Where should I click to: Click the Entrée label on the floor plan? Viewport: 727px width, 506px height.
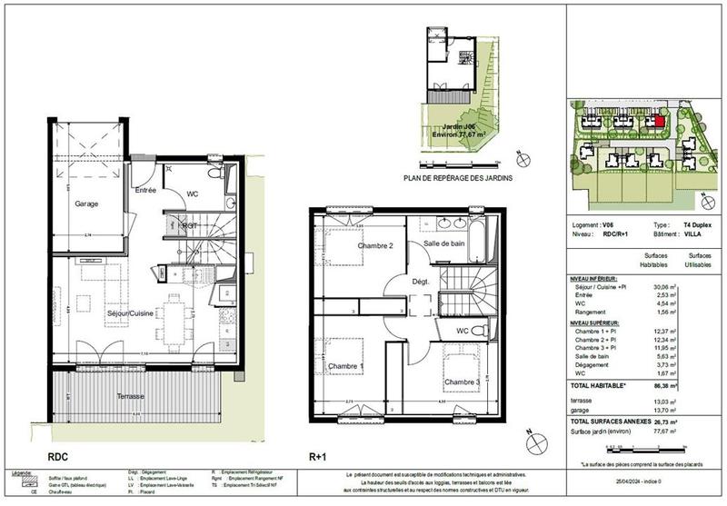click(145, 191)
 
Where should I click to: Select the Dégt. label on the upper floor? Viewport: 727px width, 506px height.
click(421, 283)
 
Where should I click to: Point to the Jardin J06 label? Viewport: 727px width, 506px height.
click(451, 127)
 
